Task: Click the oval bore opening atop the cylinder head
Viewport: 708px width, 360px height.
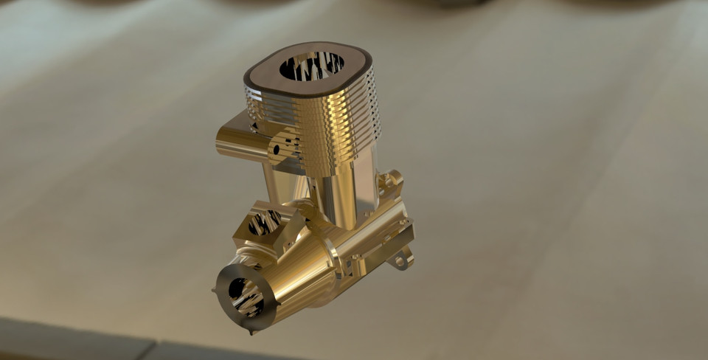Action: tap(311, 66)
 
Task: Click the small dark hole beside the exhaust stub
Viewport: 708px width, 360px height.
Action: tap(277, 149)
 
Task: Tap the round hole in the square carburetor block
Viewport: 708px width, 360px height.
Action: tap(264, 222)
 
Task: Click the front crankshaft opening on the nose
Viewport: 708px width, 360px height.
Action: tap(245, 295)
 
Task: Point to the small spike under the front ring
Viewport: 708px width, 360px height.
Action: tap(253, 331)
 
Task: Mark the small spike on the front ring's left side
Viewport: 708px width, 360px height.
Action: tap(215, 293)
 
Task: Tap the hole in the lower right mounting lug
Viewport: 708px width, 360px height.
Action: tap(401, 260)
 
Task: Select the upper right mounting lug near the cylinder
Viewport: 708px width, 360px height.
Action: tap(391, 179)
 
